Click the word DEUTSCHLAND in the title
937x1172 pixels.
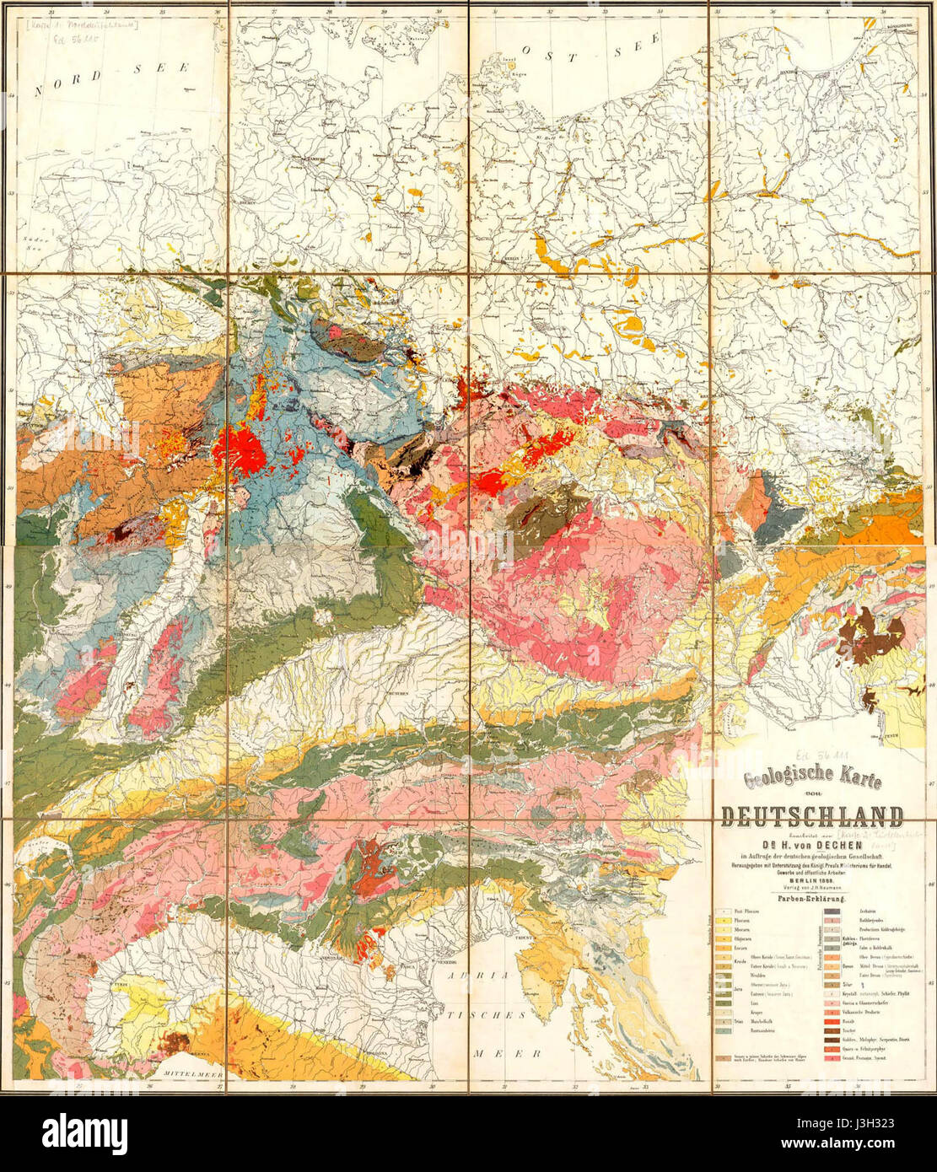pos(811,816)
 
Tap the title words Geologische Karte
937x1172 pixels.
pos(810,780)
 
